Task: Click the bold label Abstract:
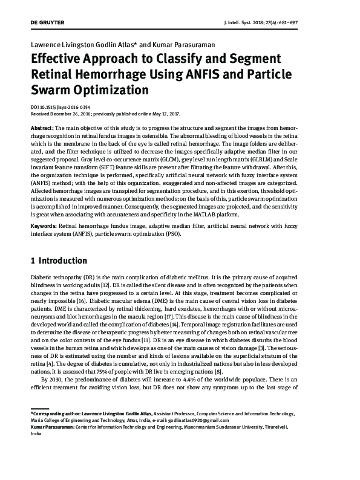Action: (43, 129)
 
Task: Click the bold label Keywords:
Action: (45, 225)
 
